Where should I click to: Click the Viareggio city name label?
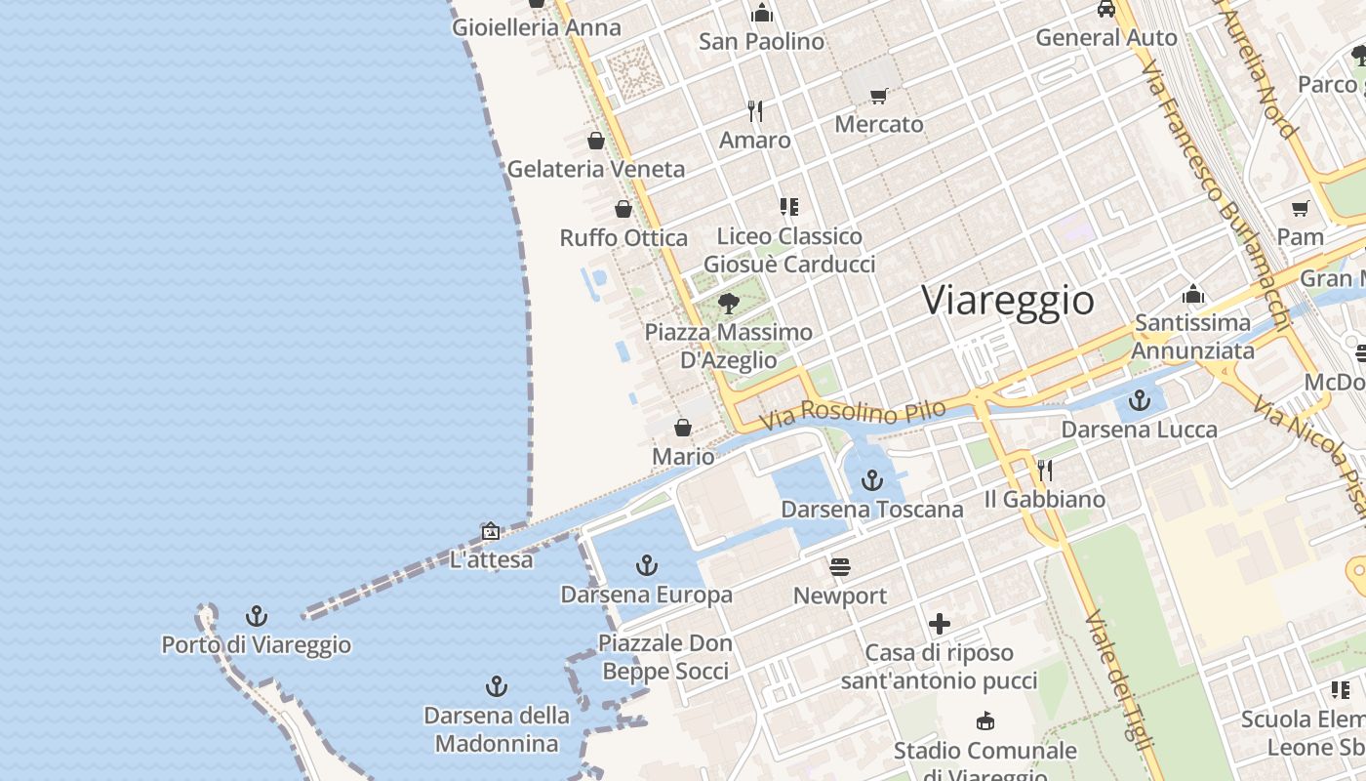point(1008,300)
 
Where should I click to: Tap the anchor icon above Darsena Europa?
point(646,564)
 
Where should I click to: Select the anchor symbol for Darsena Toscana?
point(872,479)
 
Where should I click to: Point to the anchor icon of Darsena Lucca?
point(1140,400)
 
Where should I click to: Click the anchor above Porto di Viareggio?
point(256,616)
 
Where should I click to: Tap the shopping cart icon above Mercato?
point(879,96)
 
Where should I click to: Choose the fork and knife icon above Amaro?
point(754,110)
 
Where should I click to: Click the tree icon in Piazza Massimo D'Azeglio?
point(728,303)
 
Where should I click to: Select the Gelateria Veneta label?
point(596,169)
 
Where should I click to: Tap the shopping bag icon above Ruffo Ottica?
point(623,209)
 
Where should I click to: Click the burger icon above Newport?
point(840,566)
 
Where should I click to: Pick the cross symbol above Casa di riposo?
point(940,623)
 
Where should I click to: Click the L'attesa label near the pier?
point(491,559)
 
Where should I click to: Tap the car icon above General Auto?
point(1105,9)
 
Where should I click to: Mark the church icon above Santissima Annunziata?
point(1192,294)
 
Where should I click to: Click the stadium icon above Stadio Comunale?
point(985,721)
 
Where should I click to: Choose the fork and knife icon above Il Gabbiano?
point(1044,471)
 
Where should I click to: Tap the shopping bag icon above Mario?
point(683,428)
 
